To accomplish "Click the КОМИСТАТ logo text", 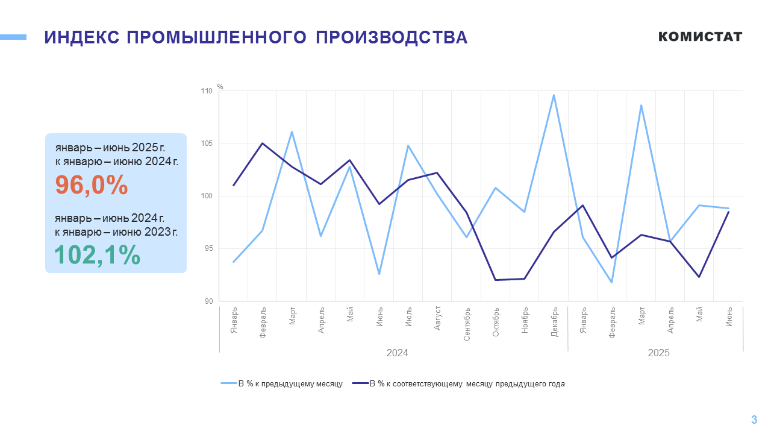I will click(700, 37).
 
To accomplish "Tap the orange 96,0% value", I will click(92, 185).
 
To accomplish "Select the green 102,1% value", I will click(98, 255).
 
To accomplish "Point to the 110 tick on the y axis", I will click(207, 91).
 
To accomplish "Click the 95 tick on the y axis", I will click(208, 249).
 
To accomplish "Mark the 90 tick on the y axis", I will click(208, 301).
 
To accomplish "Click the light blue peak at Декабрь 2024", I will click(554, 95).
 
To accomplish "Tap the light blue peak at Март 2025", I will click(641, 105).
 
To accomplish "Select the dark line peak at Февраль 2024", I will click(263, 143).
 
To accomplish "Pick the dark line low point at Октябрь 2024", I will click(495, 280).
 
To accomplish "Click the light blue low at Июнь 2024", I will click(379, 274).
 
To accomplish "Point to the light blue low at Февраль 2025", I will click(612, 282).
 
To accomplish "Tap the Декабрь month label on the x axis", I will click(554, 322).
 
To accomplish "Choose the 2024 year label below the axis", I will click(397, 353).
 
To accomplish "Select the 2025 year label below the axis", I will click(658, 353).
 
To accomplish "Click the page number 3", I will click(754, 420).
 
